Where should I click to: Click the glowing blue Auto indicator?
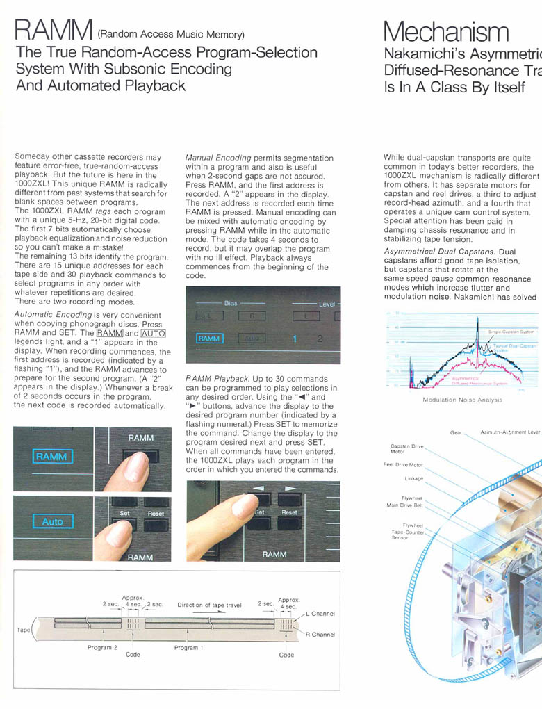pos(53,521)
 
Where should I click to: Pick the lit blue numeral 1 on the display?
pos(295,339)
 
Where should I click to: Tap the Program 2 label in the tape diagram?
pos(101,647)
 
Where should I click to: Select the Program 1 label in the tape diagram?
pos(188,647)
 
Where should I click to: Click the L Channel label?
pos(320,614)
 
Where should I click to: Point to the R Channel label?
pos(320,635)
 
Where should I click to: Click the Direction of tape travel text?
pos(209,605)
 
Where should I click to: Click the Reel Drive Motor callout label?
pos(403,464)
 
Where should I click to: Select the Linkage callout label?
pos(414,478)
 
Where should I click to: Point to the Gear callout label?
pos(456,432)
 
